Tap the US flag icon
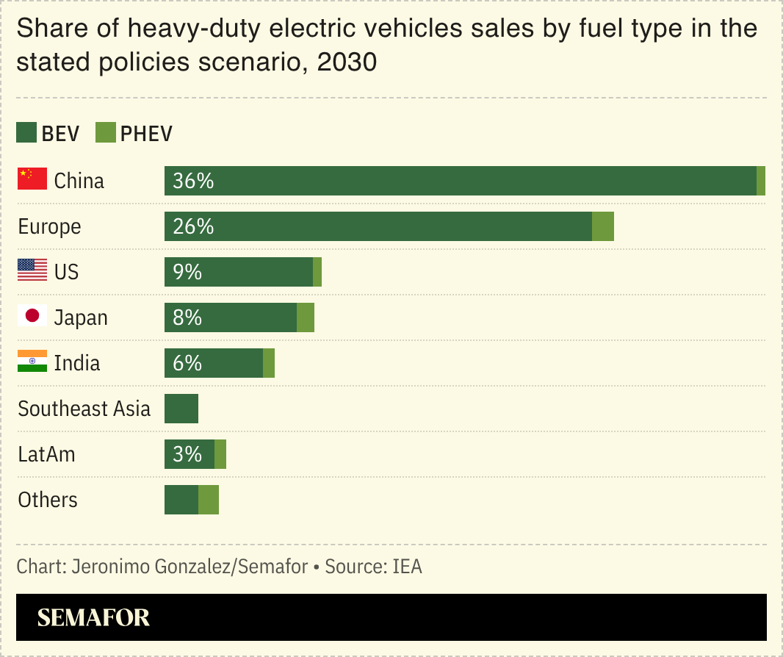tap(32, 270)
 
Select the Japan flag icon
tap(32, 316)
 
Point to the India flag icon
tap(32, 362)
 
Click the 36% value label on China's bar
tap(193, 181)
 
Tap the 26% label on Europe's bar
tap(193, 226)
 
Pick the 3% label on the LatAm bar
tap(187, 454)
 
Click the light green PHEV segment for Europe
tap(602, 226)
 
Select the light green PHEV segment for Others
tap(209, 500)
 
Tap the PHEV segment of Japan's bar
tap(306, 317)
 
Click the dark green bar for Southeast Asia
tap(181, 409)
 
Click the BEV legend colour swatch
tap(26, 133)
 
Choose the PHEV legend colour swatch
tap(106, 133)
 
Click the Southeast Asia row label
tap(84, 409)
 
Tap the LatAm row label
tap(47, 454)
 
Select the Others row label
tap(48, 500)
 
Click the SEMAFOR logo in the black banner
tap(93, 617)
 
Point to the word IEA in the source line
tap(407, 567)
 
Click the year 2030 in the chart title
tap(347, 62)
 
